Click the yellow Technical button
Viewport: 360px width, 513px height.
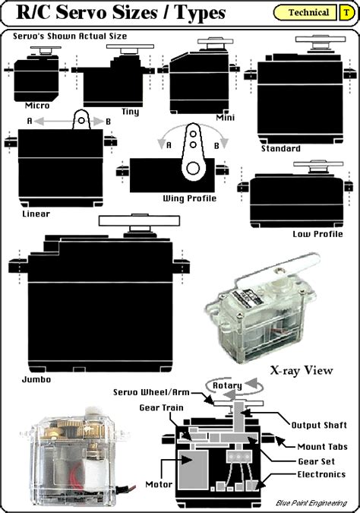click(309, 12)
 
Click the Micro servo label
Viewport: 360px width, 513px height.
click(36, 106)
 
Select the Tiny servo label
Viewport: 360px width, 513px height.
click(130, 112)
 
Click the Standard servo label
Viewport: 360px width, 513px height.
click(280, 149)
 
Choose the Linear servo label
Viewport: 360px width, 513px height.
click(35, 214)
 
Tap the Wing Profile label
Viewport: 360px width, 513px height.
click(189, 198)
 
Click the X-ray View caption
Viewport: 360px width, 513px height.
click(302, 371)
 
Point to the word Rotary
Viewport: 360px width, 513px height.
click(227, 385)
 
